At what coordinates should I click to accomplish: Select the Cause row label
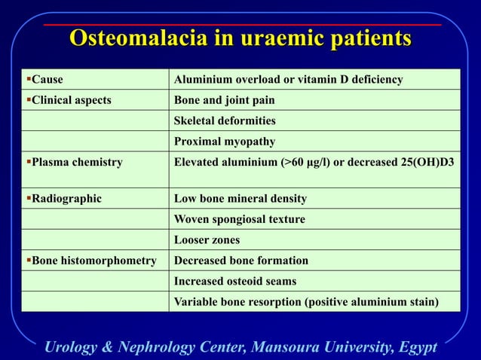[44, 79]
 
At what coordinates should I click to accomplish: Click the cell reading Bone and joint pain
[224, 100]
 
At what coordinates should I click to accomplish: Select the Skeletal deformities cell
[225, 121]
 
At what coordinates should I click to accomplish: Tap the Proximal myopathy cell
[224, 141]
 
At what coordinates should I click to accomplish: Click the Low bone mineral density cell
[240, 198]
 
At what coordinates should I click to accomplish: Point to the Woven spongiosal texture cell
[239, 219]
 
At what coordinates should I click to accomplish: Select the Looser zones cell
[207, 239]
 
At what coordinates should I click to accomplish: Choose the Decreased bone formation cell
[240, 261]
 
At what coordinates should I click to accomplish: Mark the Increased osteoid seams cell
[234, 281]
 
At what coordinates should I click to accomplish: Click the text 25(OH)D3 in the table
[428, 161]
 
